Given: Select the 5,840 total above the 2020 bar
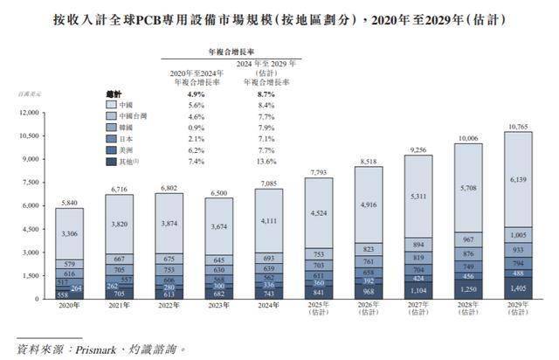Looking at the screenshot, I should (69, 203).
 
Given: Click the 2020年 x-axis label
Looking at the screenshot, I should (69, 306).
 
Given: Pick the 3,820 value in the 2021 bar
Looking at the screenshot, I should (119, 224).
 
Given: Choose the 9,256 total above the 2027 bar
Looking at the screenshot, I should (418, 150).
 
